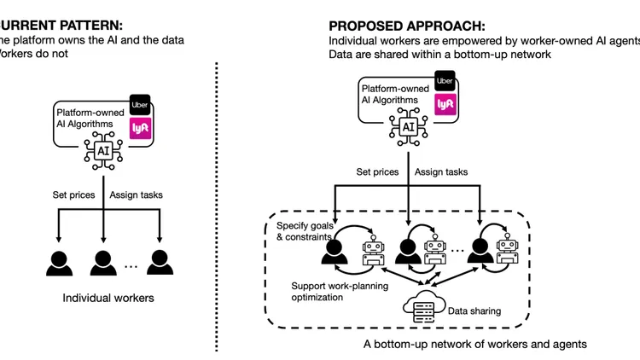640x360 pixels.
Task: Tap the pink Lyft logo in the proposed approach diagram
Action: coord(444,104)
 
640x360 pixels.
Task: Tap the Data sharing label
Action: coord(474,311)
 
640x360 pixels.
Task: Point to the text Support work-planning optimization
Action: coord(342,292)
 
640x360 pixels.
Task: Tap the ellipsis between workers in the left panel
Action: coord(131,266)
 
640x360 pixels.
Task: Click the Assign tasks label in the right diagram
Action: coord(441,172)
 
